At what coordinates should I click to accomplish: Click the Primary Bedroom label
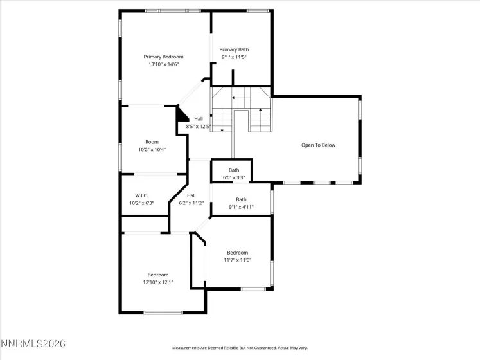163,57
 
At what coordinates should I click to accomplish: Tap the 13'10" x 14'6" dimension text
163,64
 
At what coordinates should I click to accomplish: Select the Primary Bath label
234,50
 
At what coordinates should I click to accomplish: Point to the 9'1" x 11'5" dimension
234,57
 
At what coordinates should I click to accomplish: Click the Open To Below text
318,145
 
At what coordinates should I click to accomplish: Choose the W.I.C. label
142,195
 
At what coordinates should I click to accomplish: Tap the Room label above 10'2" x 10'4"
152,142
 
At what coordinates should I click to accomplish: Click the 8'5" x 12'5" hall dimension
199,127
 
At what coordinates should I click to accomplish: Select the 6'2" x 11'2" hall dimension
191,203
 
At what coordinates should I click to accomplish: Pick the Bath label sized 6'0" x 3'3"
234,170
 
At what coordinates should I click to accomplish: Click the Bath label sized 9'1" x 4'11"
241,199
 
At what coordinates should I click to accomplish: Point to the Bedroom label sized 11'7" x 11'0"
237,253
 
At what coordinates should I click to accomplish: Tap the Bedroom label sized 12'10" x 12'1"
158,274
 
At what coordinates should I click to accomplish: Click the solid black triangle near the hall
181,114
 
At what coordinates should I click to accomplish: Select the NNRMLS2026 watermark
33,345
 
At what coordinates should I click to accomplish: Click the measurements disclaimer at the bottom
240,348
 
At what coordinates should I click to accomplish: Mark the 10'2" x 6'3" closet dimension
142,203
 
